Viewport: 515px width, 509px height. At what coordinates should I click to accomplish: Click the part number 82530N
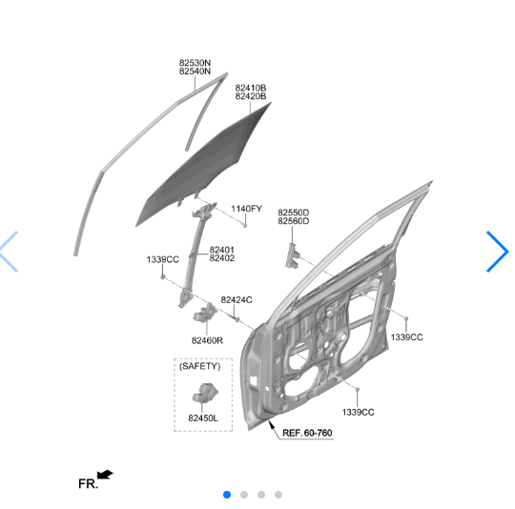[x=195, y=63]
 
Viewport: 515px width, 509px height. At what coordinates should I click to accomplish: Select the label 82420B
[x=251, y=96]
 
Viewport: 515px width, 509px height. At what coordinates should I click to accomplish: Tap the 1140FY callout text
[x=246, y=209]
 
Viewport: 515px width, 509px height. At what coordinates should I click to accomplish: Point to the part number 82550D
[x=294, y=213]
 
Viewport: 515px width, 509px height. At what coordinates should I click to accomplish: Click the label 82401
[x=221, y=250]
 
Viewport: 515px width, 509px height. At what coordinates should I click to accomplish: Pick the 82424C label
[x=237, y=300]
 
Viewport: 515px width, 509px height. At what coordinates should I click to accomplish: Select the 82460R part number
[x=207, y=340]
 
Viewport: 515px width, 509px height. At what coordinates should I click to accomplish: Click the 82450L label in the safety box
[x=203, y=418]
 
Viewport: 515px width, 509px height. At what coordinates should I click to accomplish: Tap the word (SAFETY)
[x=199, y=366]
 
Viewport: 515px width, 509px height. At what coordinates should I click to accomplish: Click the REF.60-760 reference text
[x=307, y=433]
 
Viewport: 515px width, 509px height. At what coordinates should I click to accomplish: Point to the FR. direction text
[x=88, y=483]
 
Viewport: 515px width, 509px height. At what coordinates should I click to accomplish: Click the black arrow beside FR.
[x=105, y=475]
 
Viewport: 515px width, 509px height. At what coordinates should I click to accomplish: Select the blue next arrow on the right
[x=497, y=252]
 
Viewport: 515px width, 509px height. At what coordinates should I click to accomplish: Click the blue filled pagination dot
[x=227, y=495]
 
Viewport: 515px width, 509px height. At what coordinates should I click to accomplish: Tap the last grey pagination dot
[x=278, y=495]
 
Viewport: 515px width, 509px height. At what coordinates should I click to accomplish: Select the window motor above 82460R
[x=204, y=313]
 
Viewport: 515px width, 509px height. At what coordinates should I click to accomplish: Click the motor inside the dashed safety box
[x=205, y=393]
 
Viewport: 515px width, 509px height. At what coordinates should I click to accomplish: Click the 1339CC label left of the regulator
[x=162, y=259]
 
